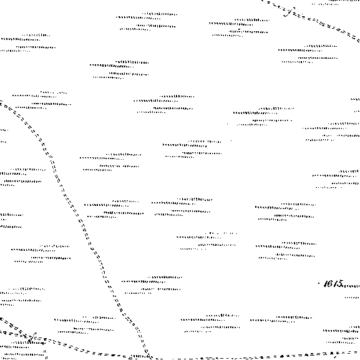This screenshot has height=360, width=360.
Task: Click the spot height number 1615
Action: click(333, 284)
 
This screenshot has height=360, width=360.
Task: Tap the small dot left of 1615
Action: click(319, 283)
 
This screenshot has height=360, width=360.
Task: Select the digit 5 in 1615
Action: click(339, 283)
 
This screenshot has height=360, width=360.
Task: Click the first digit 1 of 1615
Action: click(326, 284)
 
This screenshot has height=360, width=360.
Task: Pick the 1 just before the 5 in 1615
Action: click(334, 284)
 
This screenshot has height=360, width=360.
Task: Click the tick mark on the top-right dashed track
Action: click(289, 12)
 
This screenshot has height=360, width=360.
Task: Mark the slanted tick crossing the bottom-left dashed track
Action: click(32, 337)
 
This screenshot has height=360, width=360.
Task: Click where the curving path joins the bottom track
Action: click(148, 356)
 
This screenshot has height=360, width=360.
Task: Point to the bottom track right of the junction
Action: click(253, 358)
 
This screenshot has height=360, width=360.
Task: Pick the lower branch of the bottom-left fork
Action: click(11, 333)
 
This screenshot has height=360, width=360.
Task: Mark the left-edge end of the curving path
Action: click(1, 102)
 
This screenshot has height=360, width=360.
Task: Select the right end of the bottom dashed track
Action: click(358, 352)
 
